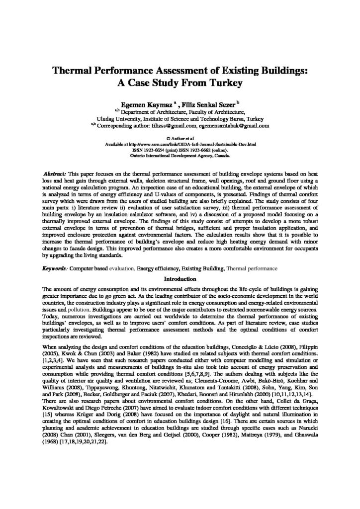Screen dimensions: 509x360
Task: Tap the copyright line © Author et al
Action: coord(180,136)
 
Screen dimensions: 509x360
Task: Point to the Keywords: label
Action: coord(56,268)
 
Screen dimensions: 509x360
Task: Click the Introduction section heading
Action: coord(180,278)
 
